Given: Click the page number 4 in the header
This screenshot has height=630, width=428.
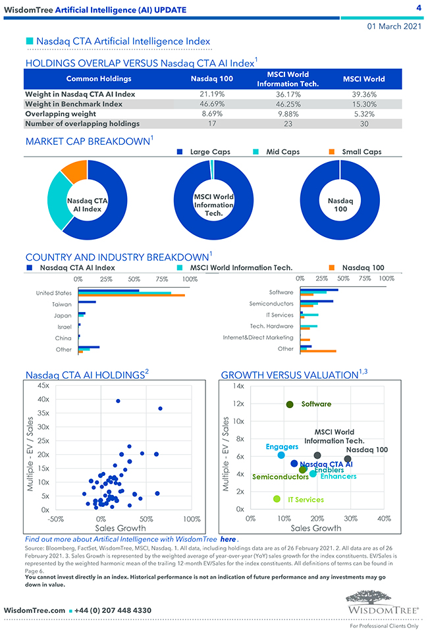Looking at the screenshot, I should (418, 8).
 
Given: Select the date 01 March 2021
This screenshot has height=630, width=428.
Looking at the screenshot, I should (394, 26).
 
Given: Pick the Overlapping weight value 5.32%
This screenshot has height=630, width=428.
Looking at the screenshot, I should (363, 114).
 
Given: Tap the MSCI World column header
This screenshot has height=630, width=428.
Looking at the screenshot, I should (363, 79).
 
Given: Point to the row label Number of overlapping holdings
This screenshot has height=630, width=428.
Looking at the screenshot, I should (82, 124).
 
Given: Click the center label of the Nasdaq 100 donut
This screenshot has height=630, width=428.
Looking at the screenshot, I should (340, 205).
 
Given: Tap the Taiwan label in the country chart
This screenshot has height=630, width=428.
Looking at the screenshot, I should (62, 304).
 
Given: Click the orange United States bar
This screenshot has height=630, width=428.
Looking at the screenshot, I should (131, 296).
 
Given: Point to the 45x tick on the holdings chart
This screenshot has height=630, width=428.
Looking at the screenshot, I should (43, 385).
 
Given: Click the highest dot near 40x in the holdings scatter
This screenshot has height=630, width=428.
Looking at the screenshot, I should (118, 401).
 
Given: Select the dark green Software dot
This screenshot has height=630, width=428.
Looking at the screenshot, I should (290, 404).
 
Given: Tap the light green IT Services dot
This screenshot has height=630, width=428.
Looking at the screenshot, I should (277, 499).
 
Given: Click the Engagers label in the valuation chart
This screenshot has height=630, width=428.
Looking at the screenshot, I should (282, 447).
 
